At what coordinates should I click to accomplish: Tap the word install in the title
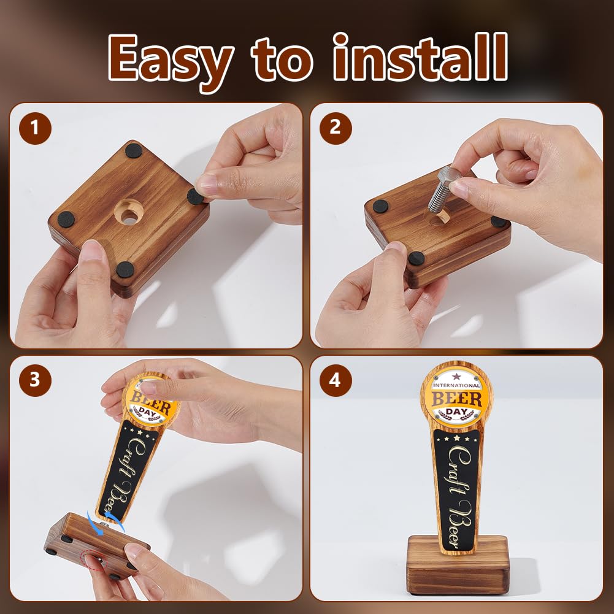tap(421, 57)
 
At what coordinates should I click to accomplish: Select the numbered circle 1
tap(35, 128)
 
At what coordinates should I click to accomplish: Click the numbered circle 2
tap(336, 128)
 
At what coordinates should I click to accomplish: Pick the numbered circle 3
tap(35, 380)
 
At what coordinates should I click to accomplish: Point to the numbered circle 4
tap(336, 380)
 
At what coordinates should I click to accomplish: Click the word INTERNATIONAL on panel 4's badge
tap(456, 385)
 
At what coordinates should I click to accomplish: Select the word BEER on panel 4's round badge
tap(456, 399)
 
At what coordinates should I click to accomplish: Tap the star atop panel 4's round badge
tap(456, 376)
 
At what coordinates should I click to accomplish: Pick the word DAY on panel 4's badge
tap(456, 412)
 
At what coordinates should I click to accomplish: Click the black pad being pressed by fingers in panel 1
tap(196, 196)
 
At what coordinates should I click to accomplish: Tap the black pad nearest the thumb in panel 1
tap(125, 269)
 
